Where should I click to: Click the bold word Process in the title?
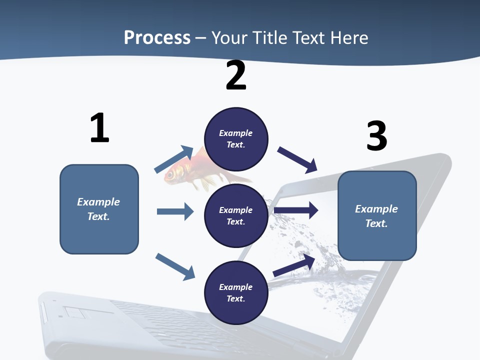tap(157, 38)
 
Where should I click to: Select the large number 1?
tap(99, 128)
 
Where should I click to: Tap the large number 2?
tap(236, 75)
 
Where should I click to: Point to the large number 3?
tap(376, 136)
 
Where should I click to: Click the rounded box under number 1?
tap(99, 209)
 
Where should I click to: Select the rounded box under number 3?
tap(377, 215)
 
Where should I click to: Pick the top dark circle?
tap(236, 138)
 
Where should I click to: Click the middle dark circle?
tap(236, 215)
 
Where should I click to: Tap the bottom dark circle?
tap(236, 292)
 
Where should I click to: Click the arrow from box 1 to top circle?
tap(174, 159)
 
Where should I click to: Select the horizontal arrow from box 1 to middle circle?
tap(175, 211)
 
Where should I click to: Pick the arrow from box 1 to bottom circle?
tap(175, 266)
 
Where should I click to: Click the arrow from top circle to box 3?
tap(298, 160)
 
